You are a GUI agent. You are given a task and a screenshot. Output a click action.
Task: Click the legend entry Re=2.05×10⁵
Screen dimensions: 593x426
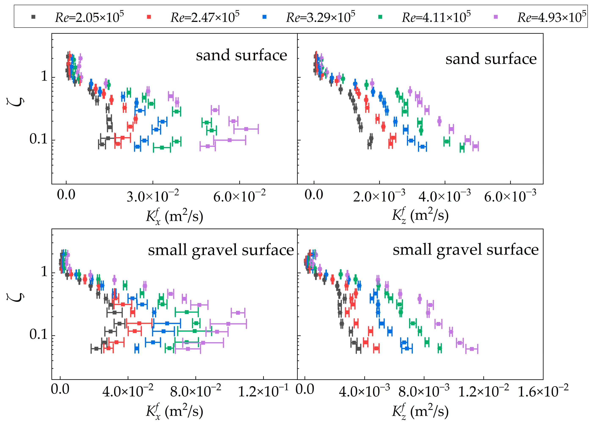tap(77, 17)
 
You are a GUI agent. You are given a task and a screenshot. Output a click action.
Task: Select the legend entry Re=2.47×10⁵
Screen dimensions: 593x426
tap(193, 17)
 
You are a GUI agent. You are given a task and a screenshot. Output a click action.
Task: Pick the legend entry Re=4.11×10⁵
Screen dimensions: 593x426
tap(424, 17)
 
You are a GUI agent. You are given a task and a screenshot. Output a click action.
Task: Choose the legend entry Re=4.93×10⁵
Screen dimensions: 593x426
tap(540, 17)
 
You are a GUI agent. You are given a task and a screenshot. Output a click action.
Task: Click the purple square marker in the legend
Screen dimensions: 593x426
tap(495, 17)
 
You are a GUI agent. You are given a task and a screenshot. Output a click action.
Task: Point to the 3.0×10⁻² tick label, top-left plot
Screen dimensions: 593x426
tap(153, 196)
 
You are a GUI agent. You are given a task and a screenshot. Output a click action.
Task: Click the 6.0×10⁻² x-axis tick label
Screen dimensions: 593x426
tap(239, 196)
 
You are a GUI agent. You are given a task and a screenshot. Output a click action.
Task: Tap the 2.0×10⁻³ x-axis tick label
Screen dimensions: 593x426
tap(379, 196)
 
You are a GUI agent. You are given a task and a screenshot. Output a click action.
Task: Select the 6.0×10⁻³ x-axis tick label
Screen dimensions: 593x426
tap(510, 196)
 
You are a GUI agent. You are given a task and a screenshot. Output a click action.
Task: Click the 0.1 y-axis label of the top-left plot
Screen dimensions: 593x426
tap(39, 139)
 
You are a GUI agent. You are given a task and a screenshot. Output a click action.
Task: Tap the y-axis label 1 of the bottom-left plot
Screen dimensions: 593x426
tap(44, 272)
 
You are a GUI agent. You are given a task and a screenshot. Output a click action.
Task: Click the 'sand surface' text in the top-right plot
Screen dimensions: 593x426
tap(491, 59)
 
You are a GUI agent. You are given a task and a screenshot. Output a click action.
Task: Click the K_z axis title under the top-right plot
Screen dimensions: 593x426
tap(420, 215)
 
